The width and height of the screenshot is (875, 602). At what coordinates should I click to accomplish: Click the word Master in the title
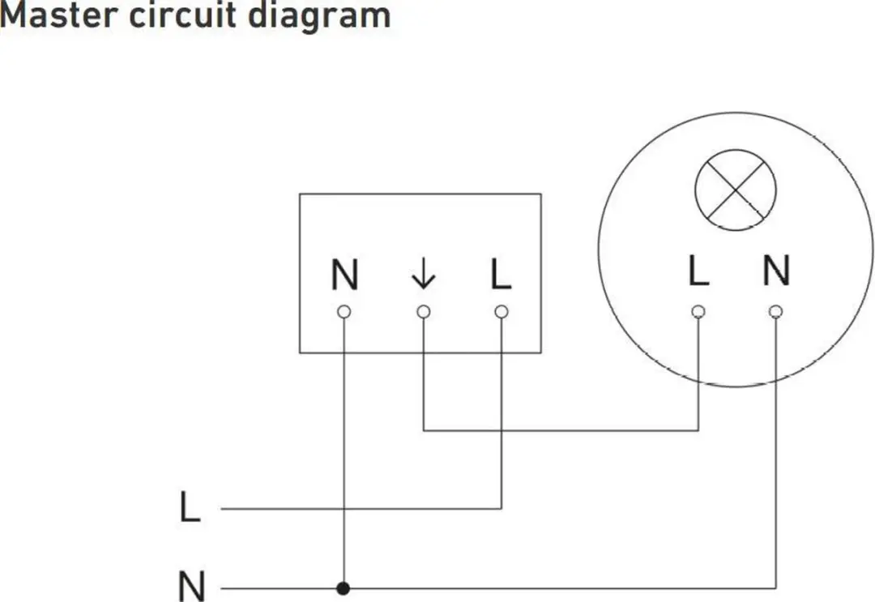59,15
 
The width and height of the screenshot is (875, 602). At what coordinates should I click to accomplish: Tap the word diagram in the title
319,17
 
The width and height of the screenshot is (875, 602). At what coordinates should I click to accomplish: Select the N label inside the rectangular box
344,275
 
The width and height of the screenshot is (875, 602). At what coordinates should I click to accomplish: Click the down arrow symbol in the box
423,274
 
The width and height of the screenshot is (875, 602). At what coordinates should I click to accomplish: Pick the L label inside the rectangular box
501,275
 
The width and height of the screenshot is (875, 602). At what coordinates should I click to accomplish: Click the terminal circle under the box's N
344,311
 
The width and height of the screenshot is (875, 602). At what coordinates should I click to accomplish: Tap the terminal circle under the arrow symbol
424,311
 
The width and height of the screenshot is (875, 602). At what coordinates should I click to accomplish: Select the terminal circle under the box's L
502,311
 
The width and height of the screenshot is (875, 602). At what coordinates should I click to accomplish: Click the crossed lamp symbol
736,190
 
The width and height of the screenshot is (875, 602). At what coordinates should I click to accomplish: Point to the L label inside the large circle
698,271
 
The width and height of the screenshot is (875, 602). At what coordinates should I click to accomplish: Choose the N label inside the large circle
776,271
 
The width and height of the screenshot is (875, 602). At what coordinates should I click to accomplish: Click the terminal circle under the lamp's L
698,311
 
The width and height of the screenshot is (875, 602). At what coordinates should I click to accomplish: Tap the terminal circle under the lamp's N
775,311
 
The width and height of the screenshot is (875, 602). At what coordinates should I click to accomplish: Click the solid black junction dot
344,588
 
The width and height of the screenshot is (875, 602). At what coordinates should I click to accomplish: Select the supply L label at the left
190,506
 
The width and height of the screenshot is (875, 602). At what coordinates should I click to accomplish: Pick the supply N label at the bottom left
191,586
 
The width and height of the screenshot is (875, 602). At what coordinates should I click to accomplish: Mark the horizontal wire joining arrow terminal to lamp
561,431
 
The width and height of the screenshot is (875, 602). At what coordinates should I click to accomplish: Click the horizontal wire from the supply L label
361,509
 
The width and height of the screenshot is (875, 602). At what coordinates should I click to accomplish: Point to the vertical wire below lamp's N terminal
775,453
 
